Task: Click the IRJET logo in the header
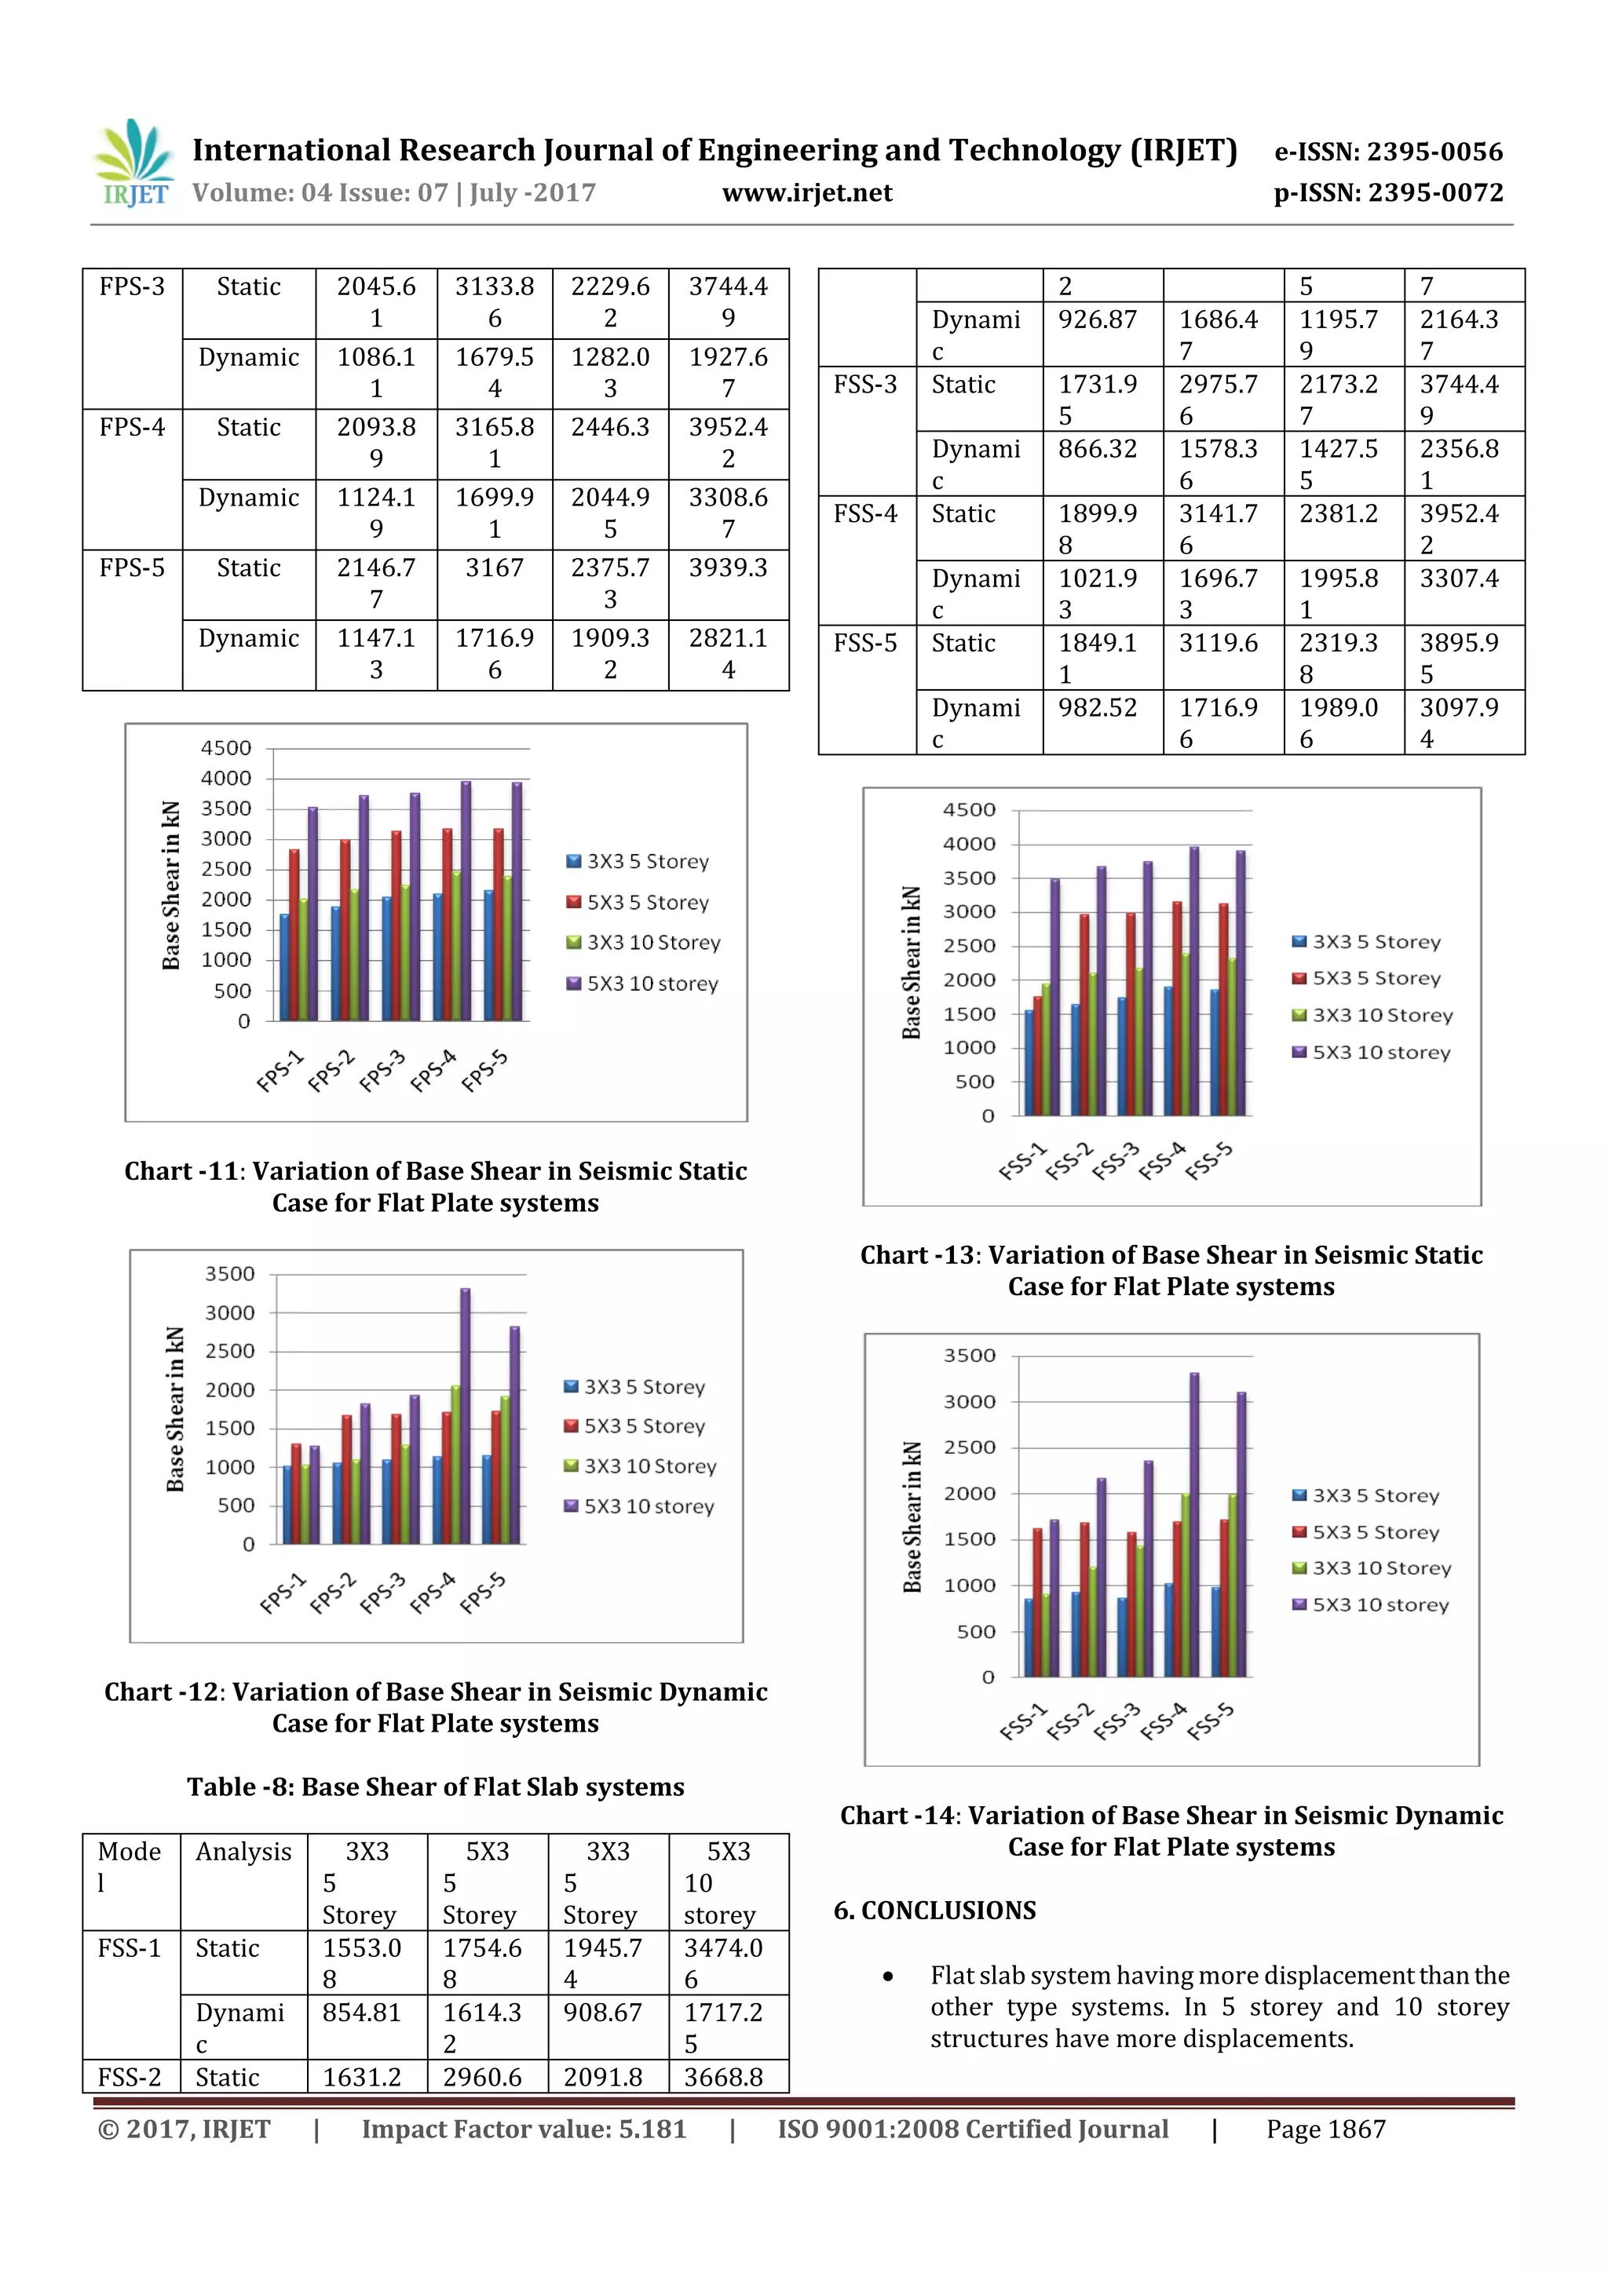pos(133,163)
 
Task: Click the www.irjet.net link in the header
pos(806,192)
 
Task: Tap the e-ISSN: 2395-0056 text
pos(1388,151)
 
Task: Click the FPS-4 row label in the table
pos(132,428)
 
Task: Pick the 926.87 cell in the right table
pos(1097,320)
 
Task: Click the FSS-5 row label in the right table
pos(865,644)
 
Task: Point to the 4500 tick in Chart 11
pos(226,748)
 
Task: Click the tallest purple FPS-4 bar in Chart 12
pos(466,1416)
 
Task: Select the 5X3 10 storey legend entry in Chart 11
pos(652,984)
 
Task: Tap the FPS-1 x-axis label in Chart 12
pos(283,1593)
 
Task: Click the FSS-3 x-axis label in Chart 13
pos(1115,1161)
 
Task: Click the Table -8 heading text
pos(435,1787)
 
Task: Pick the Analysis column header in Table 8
pos(243,1852)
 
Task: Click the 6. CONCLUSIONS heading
pos(934,1911)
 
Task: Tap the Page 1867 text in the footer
pos(1325,2130)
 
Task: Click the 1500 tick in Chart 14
pos(969,1539)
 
